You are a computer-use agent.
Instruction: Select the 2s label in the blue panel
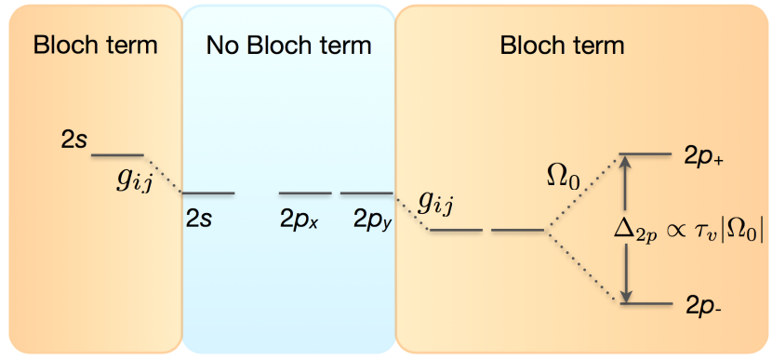(199, 220)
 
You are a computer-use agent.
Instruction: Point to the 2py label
(371, 220)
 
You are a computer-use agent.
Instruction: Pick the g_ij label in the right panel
(437, 199)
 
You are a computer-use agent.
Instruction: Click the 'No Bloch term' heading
(288, 45)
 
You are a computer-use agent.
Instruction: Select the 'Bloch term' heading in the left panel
(95, 45)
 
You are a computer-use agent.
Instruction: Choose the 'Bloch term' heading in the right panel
(562, 45)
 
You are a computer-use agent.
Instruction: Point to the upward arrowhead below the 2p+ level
(626, 164)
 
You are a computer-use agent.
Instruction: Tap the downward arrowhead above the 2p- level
(626, 294)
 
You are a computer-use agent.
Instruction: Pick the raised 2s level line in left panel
(117, 154)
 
